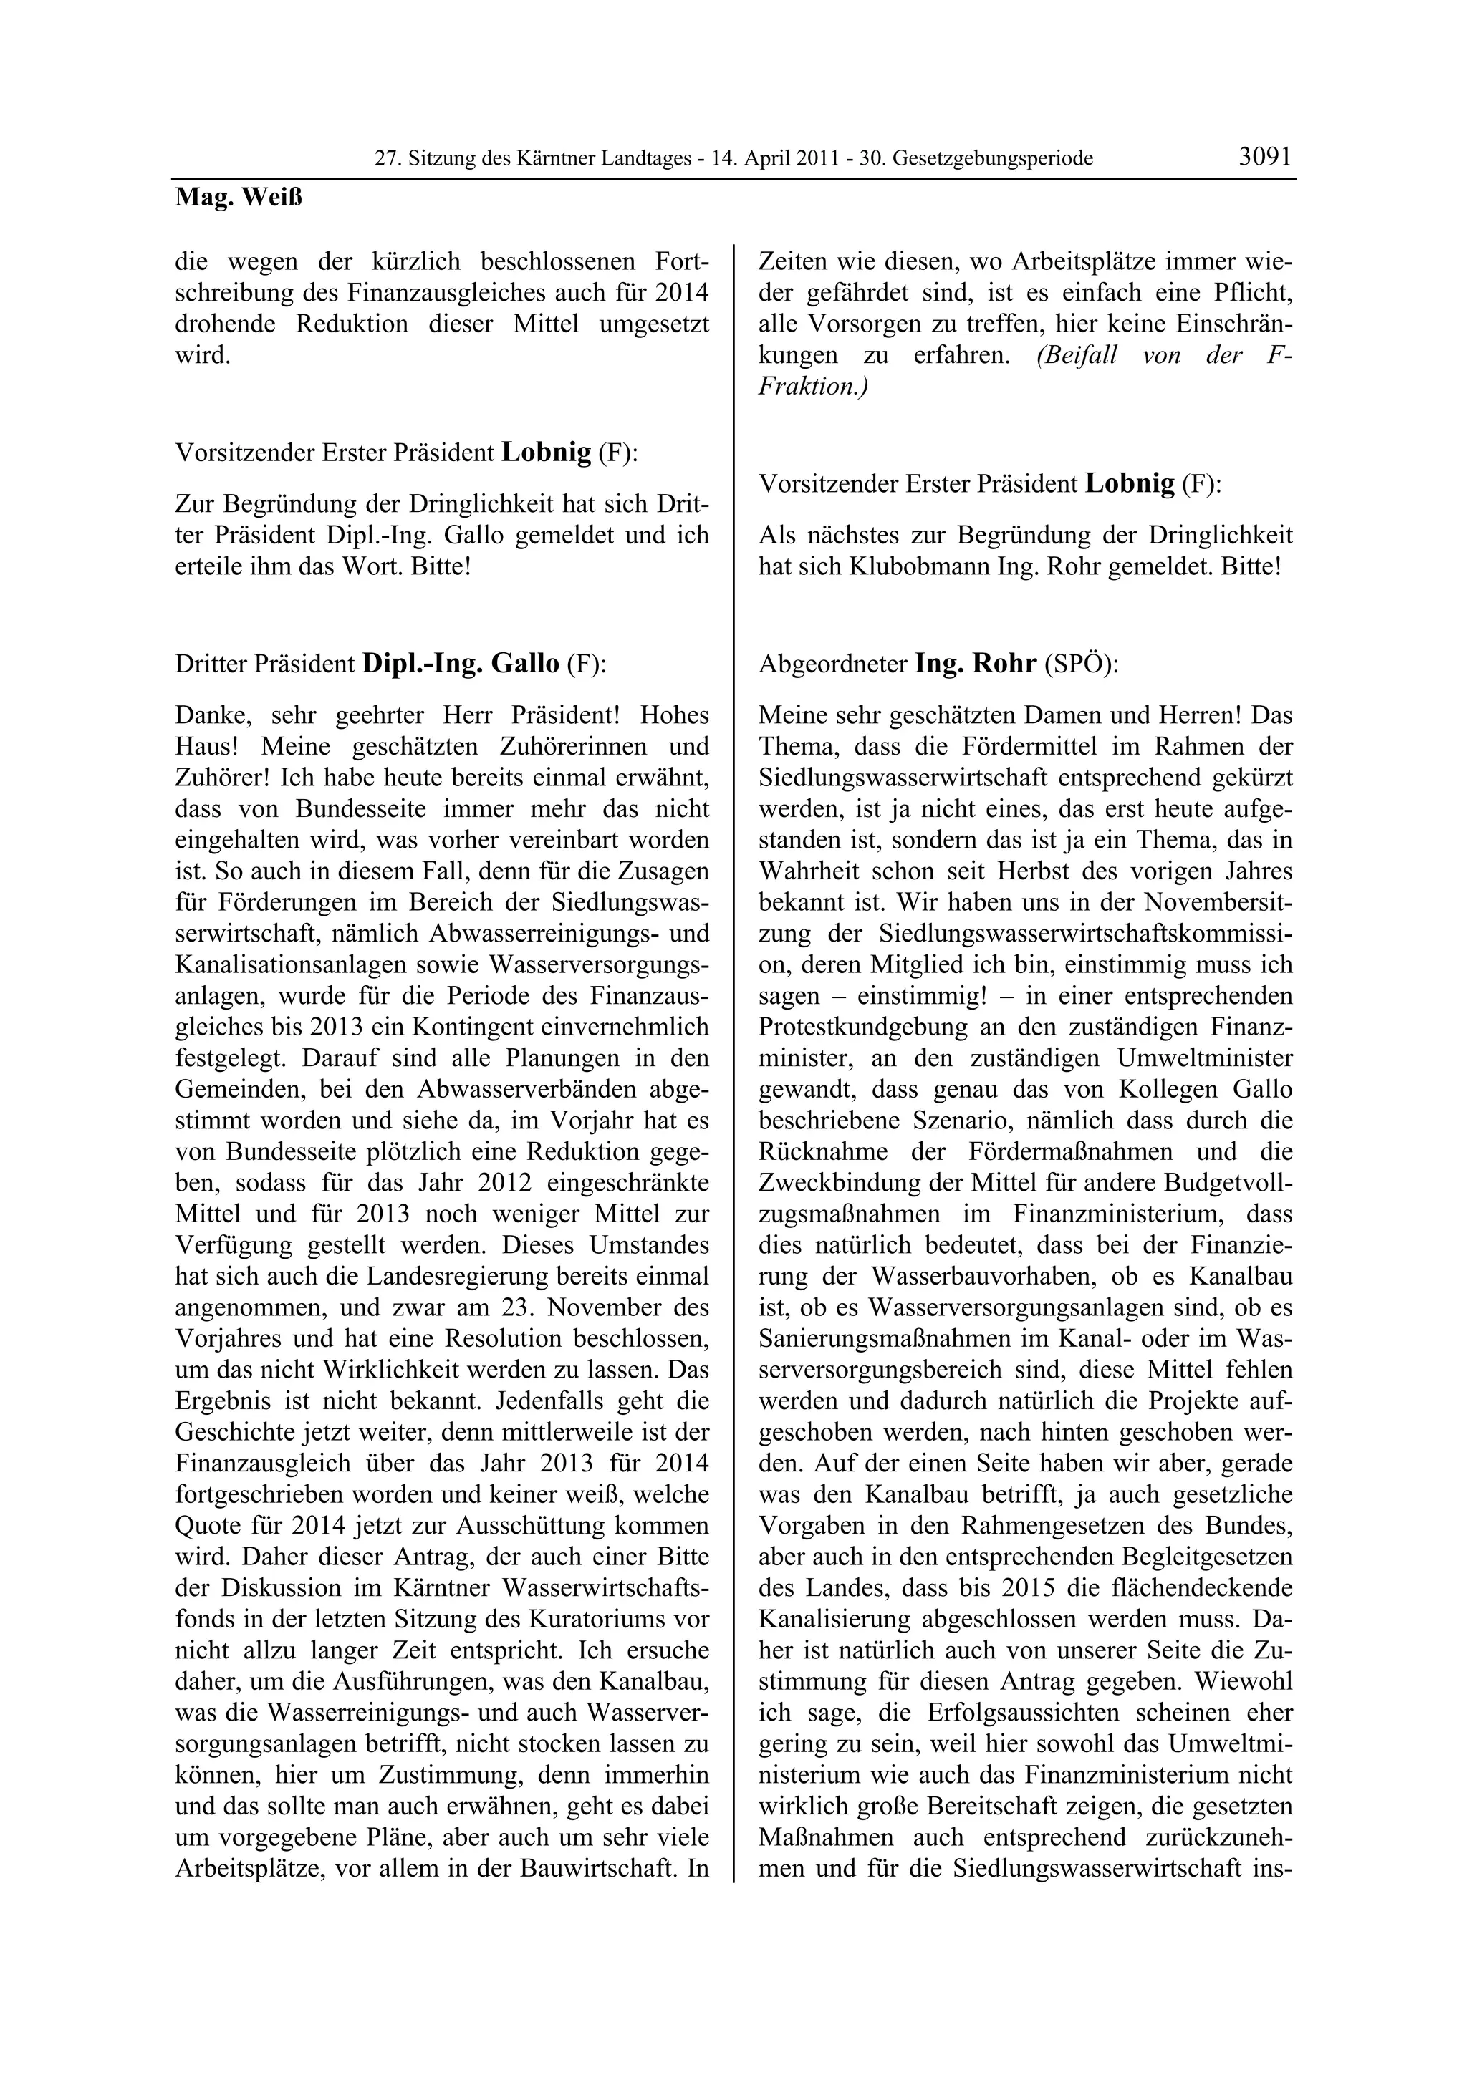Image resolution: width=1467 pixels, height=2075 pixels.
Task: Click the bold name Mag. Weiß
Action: point(239,198)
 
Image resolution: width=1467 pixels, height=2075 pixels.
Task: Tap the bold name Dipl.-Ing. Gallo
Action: point(461,664)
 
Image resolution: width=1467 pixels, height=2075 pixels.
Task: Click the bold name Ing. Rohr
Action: point(976,664)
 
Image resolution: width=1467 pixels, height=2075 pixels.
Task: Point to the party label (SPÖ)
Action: point(1081,665)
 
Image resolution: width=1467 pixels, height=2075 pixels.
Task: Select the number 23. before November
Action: point(520,1307)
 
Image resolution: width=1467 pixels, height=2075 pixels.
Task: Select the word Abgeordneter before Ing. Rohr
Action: point(832,665)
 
